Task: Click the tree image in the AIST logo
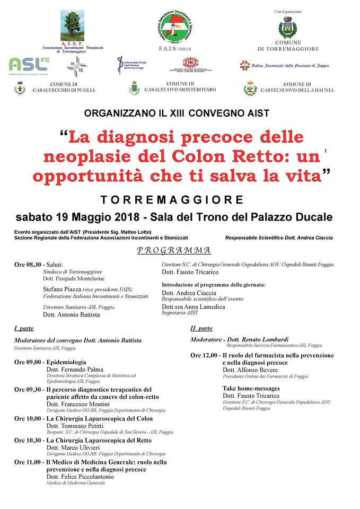[72, 25]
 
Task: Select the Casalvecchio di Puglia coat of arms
[20, 88]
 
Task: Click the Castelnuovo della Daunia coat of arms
[250, 88]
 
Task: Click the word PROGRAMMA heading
[174, 250]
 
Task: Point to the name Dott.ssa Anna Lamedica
[193, 307]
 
